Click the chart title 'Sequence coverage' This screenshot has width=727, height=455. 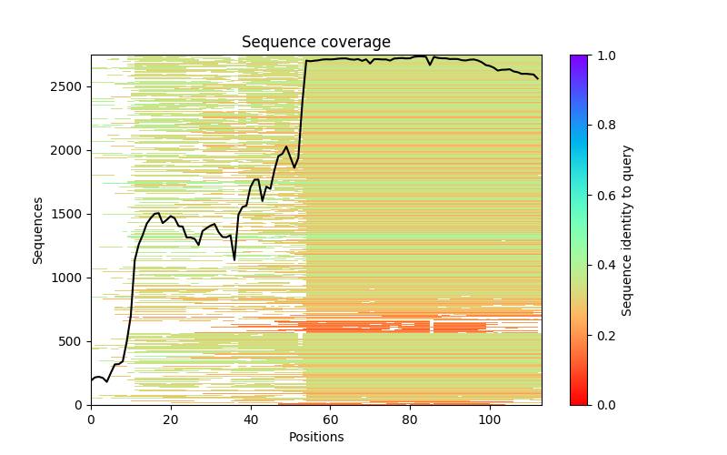[315, 42]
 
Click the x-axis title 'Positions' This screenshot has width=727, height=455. [315, 437]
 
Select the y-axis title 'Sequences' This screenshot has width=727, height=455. [38, 229]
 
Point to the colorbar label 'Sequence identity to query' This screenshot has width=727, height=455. [627, 229]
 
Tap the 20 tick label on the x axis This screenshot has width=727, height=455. [171, 419]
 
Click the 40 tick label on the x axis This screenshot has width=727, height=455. [250, 419]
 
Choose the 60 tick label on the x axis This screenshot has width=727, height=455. [330, 419]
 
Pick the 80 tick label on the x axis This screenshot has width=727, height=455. [410, 419]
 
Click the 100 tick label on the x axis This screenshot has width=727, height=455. [490, 419]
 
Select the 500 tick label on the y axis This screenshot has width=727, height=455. [73, 341]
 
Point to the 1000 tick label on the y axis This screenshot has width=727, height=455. [69, 278]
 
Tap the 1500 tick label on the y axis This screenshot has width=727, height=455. [69, 214]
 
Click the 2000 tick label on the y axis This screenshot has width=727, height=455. [69, 150]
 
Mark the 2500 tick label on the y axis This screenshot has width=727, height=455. [69, 86]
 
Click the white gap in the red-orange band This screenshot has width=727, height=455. [432, 327]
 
